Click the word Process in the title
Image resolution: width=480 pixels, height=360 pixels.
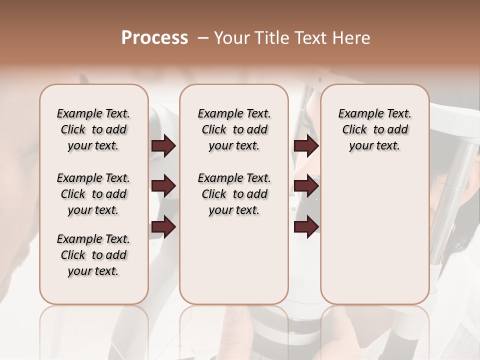[154, 38]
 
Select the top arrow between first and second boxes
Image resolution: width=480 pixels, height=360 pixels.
[163, 146]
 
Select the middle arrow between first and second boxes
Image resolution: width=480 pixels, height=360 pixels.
[163, 186]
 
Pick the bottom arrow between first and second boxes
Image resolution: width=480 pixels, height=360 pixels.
[163, 227]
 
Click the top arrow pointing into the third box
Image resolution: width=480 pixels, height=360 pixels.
[306, 146]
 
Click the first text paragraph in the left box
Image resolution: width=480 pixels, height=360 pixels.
[93, 129]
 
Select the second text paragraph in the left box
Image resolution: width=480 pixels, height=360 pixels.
[93, 194]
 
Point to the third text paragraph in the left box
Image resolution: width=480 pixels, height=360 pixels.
[93, 255]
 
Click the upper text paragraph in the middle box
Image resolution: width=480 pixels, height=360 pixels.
[234, 129]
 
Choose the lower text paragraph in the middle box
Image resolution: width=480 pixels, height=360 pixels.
[234, 194]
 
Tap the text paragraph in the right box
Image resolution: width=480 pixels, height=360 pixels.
[374, 129]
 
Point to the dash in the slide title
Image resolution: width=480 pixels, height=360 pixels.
[203, 38]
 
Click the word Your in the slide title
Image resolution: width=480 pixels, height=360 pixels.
[231, 38]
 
